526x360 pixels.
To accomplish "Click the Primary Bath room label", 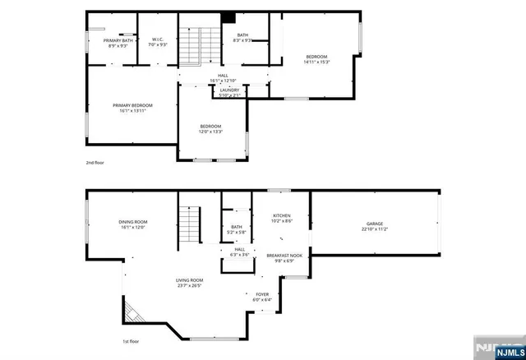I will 118,43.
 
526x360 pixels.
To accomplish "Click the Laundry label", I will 229,93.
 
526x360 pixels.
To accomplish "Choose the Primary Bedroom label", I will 132,108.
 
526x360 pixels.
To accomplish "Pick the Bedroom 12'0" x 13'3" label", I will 210,129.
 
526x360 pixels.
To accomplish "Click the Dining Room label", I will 132,224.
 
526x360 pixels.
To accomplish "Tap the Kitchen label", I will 282,219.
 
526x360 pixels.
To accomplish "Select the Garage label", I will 375,226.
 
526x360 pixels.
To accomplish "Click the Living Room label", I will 189,283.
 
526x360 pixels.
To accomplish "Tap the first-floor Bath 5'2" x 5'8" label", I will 237,229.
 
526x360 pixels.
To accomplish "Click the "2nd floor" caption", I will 95,163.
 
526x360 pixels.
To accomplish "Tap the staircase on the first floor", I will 190,221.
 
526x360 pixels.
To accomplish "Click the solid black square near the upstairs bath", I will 229,19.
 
